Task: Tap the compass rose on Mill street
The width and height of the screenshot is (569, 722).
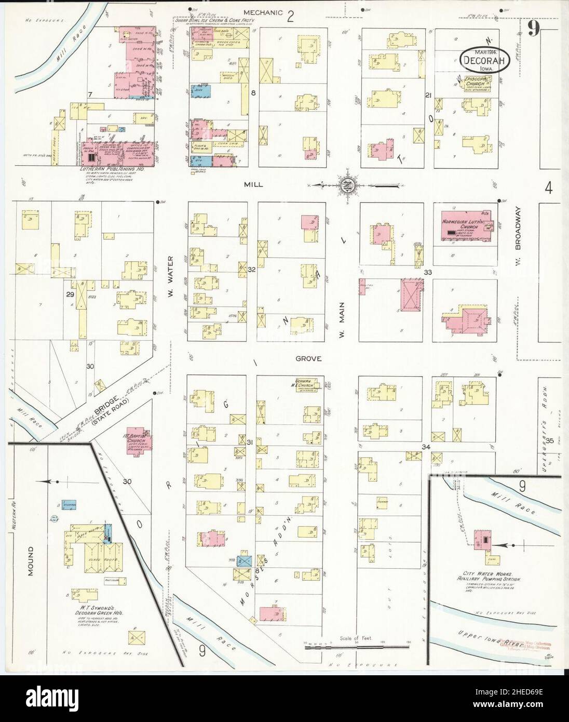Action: (x=346, y=184)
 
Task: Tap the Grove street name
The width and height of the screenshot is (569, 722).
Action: (x=309, y=358)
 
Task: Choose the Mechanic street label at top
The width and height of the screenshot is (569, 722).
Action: (x=264, y=12)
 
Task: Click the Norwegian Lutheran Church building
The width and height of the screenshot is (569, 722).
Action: (x=466, y=226)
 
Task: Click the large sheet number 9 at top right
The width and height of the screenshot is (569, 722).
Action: (x=533, y=28)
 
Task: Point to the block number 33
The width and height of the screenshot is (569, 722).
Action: (x=428, y=272)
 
